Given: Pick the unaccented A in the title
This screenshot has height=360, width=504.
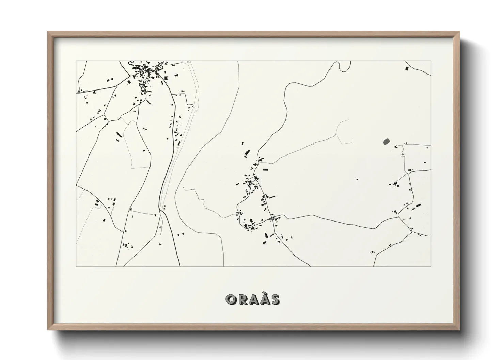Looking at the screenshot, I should pyautogui.click(x=253, y=299).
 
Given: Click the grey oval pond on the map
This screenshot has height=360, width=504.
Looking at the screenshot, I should pyautogui.click(x=387, y=141).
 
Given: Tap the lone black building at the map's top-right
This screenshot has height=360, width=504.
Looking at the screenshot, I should pyautogui.click(x=407, y=68).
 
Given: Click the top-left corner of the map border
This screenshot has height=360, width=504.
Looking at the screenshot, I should pyautogui.click(x=76, y=61).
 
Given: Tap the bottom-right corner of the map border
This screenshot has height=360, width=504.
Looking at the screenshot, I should pyautogui.click(x=431, y=266).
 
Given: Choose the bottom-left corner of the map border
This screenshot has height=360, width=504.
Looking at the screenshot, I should pyautogui.click(x=76, y=266).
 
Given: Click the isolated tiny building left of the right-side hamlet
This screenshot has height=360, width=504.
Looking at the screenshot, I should pyautogui.click(x=357, y=179).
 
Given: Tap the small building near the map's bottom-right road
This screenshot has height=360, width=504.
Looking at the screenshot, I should pyautogui.click(x=372, y=252).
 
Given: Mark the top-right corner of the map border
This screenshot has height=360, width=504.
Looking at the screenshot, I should pyautogui.click(x=431, y=61).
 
